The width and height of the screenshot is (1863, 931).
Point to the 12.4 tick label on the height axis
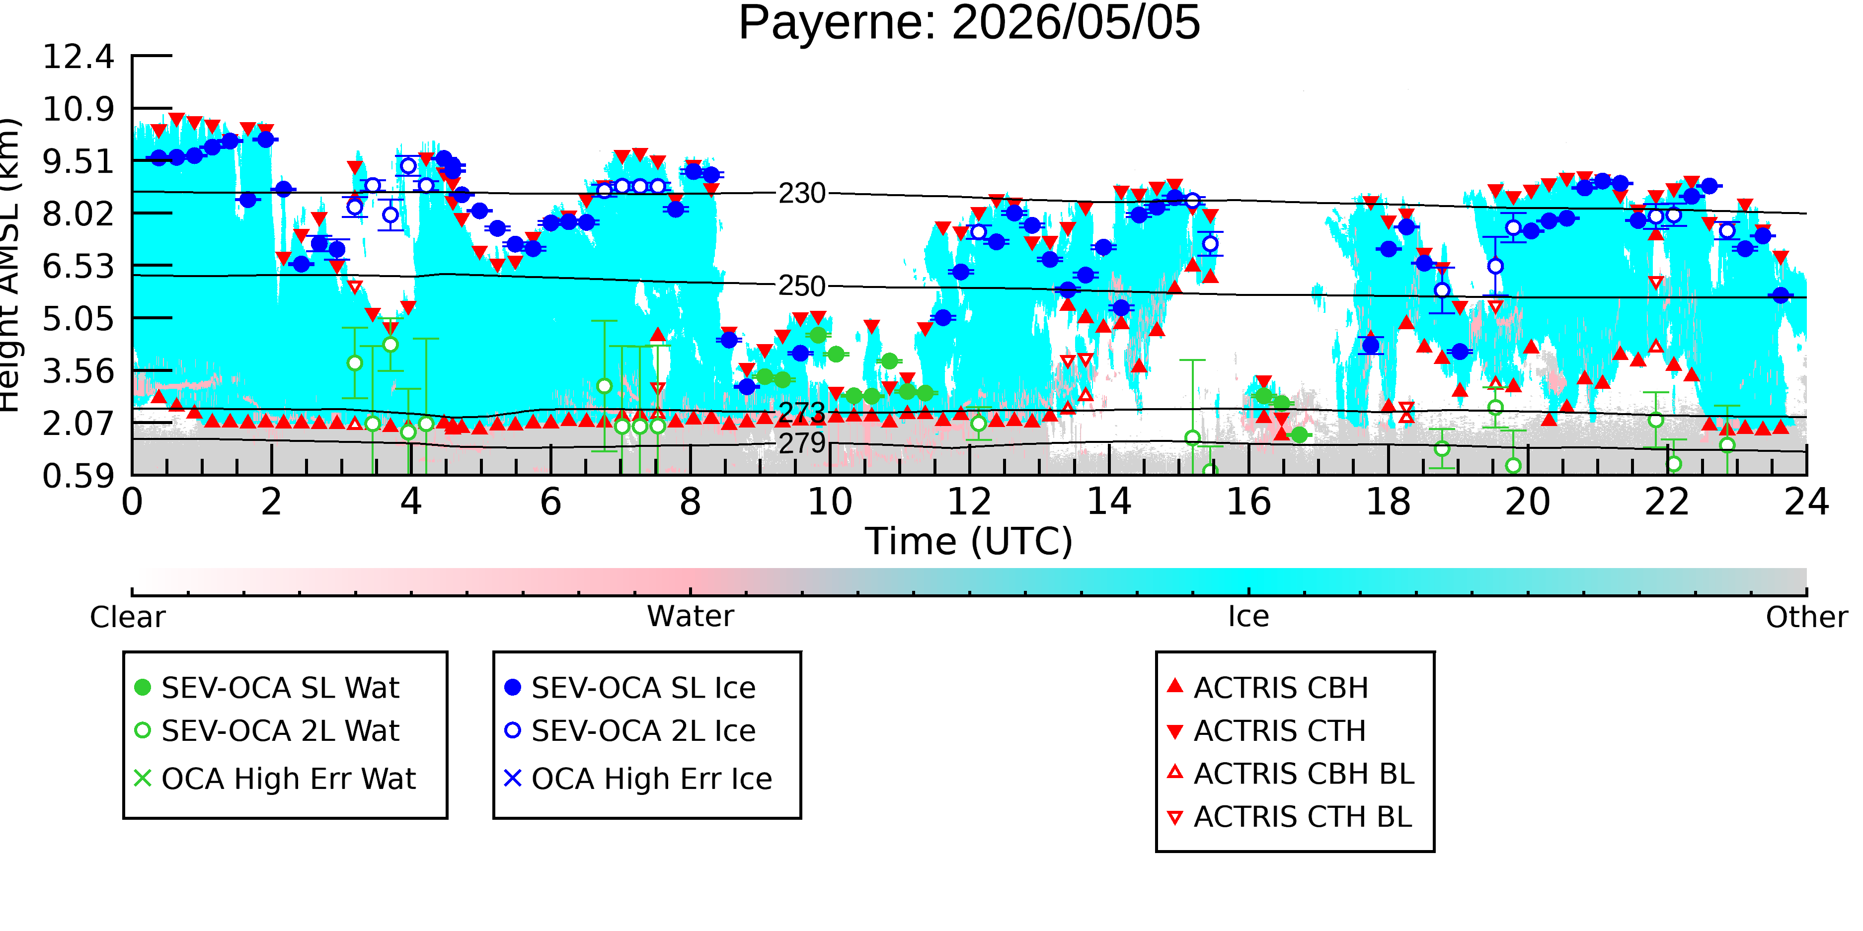click(78, 57)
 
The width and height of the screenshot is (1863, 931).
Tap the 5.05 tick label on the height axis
click(78, 318)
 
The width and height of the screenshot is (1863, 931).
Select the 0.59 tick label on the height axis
click(78, 476)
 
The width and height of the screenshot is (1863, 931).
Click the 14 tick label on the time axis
click(1109, 501)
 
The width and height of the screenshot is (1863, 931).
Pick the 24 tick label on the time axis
click(1806, 501)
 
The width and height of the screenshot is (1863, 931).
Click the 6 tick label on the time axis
click(550, 501)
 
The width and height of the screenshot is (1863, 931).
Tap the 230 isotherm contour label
click(801, 194)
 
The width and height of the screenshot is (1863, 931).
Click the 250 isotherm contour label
click(801, 286)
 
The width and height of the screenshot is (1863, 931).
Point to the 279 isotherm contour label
click(801, 442)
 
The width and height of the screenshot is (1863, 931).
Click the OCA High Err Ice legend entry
click(638, 779)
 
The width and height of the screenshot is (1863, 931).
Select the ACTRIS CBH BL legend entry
click(1291, 774)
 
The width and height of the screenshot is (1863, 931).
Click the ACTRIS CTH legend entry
click(1266, 731)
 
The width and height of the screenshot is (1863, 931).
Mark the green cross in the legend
click(143, 779)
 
